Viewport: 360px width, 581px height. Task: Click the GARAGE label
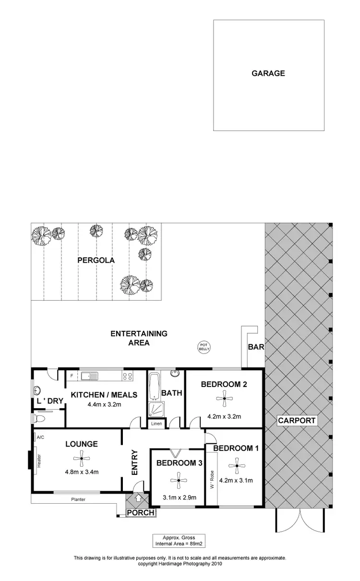(268, 73)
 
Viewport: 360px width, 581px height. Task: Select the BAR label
(256, 347)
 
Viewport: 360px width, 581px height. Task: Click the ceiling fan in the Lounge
(82, 459)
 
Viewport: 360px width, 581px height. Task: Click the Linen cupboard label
(156, 424)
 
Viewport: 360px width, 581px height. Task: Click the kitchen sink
(89, 375)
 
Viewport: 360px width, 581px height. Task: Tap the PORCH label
(141, 513)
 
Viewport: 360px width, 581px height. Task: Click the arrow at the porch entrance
(139, 498)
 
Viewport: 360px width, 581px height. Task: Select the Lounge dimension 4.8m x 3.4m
(82, 472)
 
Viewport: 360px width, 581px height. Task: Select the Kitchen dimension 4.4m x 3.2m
(104, 404)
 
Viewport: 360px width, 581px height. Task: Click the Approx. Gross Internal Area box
(180, 541)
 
